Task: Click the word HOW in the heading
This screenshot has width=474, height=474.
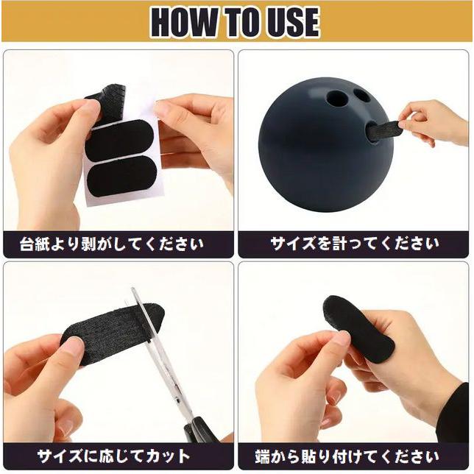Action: pyautogui.click(x=184, y=22)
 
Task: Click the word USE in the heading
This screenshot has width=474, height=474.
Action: pyautogui.click(x=291, y=22)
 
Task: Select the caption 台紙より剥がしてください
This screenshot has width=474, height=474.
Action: pyautogui.click(x=112, y=244)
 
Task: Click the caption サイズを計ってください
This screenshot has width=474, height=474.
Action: pyautogui.click(x=355, y=244)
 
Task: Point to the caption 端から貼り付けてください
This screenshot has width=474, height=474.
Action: pyautogui.click(x=347, y=456)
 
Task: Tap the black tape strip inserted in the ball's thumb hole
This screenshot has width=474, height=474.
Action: pyautogui.click(x=384, y=131)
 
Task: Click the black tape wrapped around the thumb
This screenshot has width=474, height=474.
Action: pyautogui.click(x=358, y=328)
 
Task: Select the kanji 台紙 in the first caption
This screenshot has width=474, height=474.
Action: pyautogui.click(x=35, y=244)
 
